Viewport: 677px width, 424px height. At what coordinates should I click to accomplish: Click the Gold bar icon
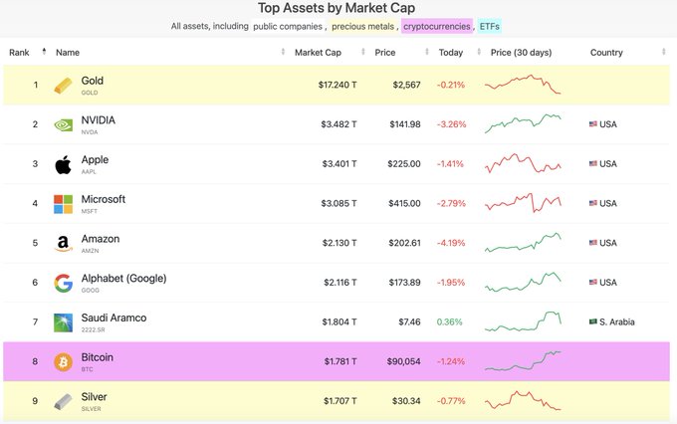pos(63,85)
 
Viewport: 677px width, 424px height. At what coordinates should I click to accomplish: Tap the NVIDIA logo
pos(63,124)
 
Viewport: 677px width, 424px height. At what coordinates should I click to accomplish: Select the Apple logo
pos(63,164)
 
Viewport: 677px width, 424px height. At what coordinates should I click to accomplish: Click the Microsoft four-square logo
pos(63,203)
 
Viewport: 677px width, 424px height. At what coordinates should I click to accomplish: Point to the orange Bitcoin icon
pos(63,361)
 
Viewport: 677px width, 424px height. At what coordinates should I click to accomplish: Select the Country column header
pos(606,51)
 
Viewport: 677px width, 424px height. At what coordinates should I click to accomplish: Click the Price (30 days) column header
pos(523,51)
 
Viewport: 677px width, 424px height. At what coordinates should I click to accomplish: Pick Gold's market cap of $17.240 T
pos(338,85)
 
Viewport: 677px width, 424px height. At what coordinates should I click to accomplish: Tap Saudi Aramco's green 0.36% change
pos(449,321)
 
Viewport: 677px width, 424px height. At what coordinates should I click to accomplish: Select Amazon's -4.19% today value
pos(450,243)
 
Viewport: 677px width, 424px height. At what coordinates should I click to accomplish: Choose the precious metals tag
pos(362,26)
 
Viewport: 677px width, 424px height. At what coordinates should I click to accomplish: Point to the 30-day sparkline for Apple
pos(523,162)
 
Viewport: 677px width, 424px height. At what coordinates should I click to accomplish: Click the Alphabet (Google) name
pos(123,279)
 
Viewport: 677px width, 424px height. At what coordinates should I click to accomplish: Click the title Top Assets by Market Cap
pos(338,9)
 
